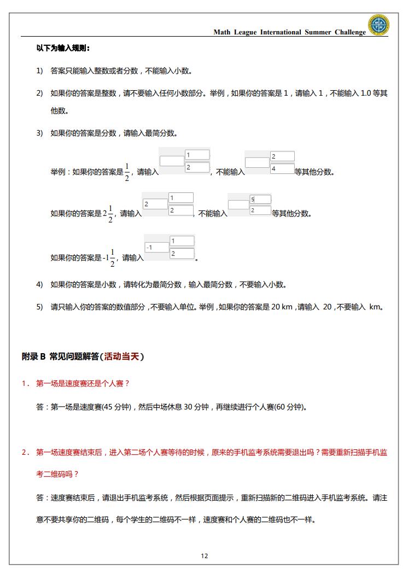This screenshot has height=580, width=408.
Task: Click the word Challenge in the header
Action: [350, 32]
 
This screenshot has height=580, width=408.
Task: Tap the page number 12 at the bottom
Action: [204, 556]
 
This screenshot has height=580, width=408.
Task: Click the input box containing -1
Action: [156, 247]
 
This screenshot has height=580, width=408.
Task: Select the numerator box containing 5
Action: [260, 200]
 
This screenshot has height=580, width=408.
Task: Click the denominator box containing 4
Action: [282, 169]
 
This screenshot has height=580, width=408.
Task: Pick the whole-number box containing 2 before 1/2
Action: [155, 204]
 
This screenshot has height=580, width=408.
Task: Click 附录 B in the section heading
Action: [33, 356]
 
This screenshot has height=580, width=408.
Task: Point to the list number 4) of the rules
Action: [39, 284]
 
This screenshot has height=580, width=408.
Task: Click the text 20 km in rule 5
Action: [282, 307]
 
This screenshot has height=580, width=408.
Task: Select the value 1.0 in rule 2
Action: [366, 93]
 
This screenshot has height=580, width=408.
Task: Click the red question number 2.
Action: [25, 452]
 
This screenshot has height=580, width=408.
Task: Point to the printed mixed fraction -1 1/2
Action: [109, 257]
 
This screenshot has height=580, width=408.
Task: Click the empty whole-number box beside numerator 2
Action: [257, 162]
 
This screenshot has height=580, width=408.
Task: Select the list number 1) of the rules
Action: [39, 71]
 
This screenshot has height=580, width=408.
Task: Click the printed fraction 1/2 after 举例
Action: [127, 172]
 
